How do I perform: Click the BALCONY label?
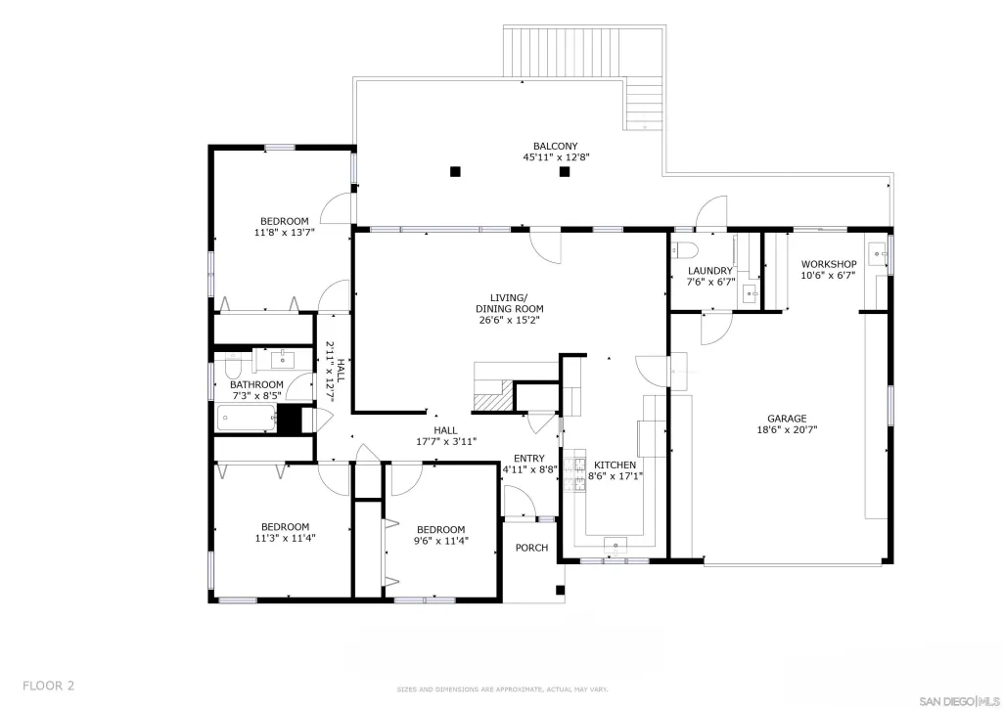click(x=555, y=146)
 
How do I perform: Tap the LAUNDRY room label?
click(x=710, y=271)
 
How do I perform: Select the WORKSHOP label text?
click(x=829, y=264)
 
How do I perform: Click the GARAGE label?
click(x=787, y=419)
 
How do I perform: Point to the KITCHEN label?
click(x=615, y=465)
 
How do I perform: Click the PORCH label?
click(x=531, y=548)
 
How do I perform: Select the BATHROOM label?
click(x=256, y=385)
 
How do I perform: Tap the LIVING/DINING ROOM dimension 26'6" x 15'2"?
click(x=510, y=320)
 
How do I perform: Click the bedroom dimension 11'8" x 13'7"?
click(x=285, y=232)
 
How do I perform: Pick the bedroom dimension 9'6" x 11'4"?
click(x=440, y=540)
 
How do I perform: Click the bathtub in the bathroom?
click(x=247, y=419)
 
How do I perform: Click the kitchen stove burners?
click(x=575, y=470)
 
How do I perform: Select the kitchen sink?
click(x=615, y=546)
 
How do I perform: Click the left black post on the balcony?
click(x=455, y=171)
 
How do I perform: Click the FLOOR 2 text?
click(x=49, y=686)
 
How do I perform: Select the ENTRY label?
click(x=529, y=459)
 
